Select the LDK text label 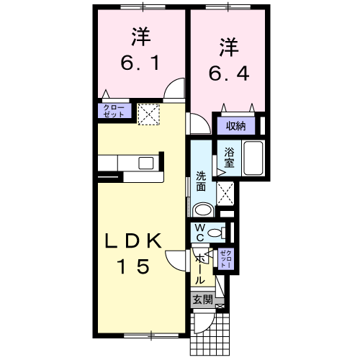pos(135,242)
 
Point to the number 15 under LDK pos(135,267)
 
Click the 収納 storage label pos(236,125)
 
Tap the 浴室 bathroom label pos(229,156)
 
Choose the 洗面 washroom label pos(202,179)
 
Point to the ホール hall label pos(199,268)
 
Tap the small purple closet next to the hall pos(225,258)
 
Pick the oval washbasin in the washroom pos(204,210)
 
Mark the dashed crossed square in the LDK pos(148,113)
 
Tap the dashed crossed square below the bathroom pos(226,193)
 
